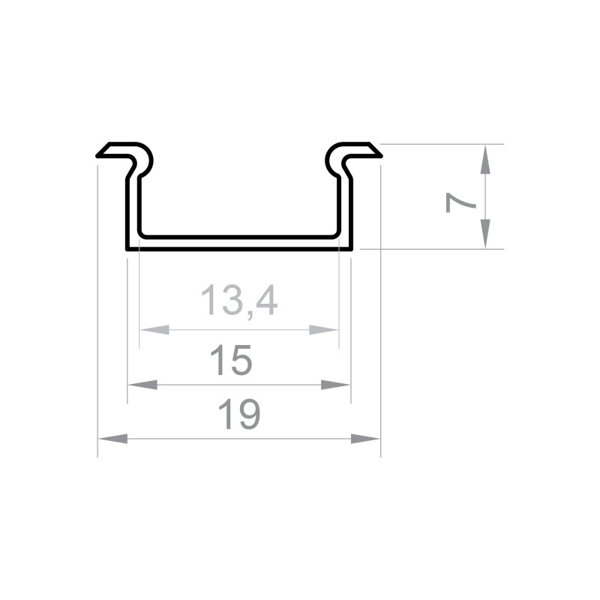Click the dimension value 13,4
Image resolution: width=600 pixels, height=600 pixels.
239,301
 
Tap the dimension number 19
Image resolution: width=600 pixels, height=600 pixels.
239,415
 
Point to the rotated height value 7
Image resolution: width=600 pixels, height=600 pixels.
460,202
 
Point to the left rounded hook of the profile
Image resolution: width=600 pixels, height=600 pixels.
144,159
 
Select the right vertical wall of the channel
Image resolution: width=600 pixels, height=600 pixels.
345,210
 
